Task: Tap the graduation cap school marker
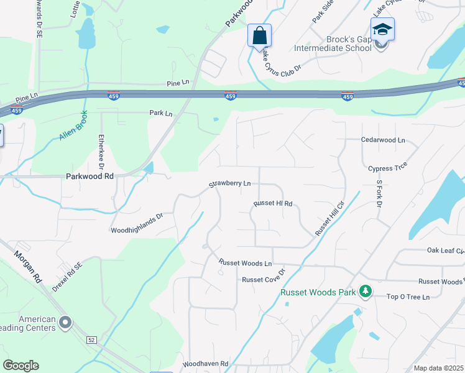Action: point(382,29)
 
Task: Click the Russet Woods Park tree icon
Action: point(366,291)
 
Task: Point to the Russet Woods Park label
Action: point(318,292)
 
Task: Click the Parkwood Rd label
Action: point(90,177)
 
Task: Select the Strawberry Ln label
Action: point(229,184)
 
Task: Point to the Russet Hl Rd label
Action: point(273,203)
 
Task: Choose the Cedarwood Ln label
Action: point(383,140)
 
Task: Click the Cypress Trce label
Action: point(387,168)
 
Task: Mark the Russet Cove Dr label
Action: point(264,277)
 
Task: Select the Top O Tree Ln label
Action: point(408,297)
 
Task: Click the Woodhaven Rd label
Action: point(206,364)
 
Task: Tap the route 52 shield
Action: point(92,339)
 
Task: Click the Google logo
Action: point(21,366)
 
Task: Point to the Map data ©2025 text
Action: point(439,368)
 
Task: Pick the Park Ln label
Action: point(160,113)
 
